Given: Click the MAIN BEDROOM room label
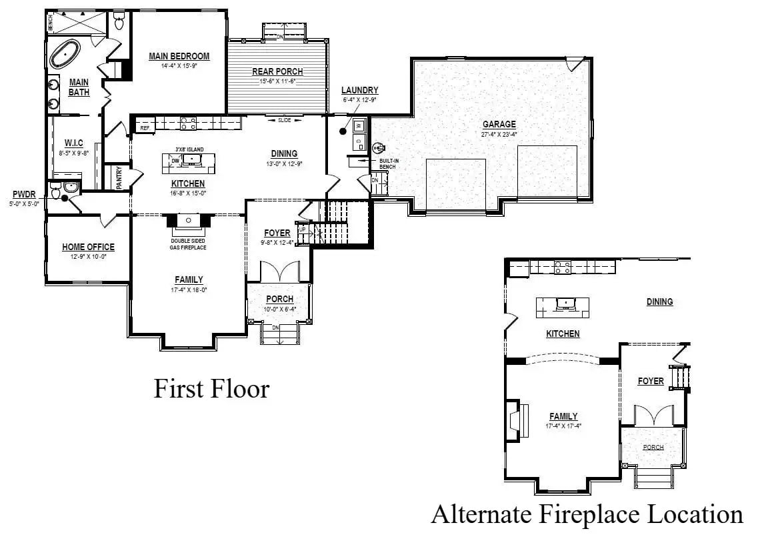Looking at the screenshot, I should (179, 57).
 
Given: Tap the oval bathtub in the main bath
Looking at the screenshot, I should (65, 54).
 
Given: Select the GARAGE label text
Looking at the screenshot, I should (499, 124).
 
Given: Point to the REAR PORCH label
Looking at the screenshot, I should (277, 72).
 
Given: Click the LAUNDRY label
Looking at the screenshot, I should (359, 91).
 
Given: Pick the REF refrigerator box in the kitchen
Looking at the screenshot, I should (144, 127).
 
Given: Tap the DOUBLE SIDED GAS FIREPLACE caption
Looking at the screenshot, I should (187, 243).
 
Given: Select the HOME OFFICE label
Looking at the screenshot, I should (88, 247).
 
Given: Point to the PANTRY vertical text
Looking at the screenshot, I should (119, 177).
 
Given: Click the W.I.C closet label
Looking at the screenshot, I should (73, 143).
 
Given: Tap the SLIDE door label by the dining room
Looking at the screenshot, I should (285, 120).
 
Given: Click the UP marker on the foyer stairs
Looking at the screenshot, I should (302, 229).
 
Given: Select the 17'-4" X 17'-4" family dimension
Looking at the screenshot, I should (563, 426).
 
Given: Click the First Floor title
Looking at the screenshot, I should (211, 388).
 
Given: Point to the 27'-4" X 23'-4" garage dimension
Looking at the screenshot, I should (499, 133).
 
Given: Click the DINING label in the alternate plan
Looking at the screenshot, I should (659, 302).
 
